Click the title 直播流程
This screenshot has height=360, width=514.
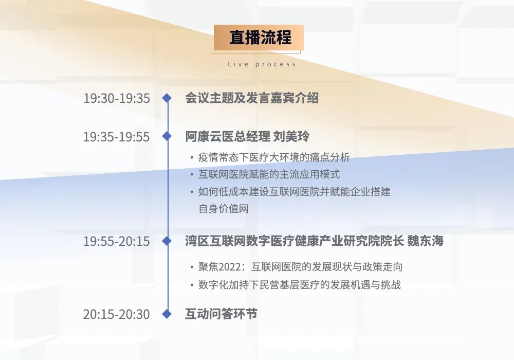(x=260, y=37)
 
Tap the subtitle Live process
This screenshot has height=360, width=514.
(x=262, y=64)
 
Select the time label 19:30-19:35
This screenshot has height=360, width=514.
(x=116, y=98)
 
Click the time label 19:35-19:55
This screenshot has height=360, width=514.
(x=116, y=137)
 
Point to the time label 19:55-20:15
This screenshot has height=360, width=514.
(x=116, y=241)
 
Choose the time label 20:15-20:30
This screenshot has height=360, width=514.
(x=116, y=314)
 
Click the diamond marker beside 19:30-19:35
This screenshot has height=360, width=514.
(x=167, y=98)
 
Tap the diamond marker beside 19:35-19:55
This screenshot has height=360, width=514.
(x=167, y=136)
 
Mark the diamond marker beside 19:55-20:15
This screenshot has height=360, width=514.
(x=167, y=241)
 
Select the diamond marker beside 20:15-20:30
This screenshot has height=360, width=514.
(x=167, y=314)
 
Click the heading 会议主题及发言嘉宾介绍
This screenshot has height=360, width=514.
(x=252, y=98)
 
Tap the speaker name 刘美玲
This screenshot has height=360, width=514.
(x=291, y=136)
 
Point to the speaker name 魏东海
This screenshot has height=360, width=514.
(x=425, y=241)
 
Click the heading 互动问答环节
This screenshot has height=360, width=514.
(x=221, y=314)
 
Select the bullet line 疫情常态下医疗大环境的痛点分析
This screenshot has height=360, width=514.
(x=274, y=157)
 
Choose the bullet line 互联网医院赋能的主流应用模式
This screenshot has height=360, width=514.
(x=269, y=174)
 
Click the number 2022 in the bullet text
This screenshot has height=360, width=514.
(x=230, y=267)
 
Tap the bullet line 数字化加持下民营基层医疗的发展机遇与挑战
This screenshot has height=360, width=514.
(x=300, y=284)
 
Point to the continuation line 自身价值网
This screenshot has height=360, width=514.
(x=224, y=208)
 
